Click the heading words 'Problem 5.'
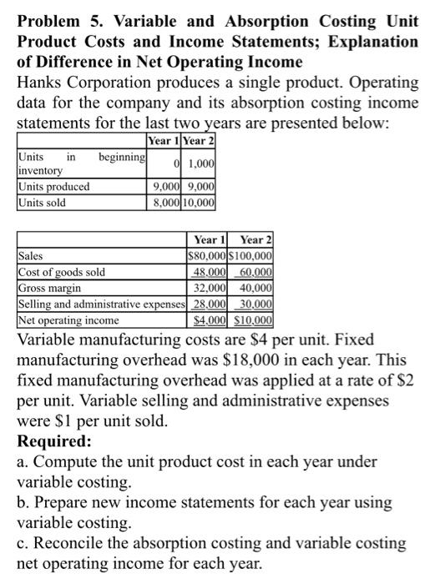pos(53,21)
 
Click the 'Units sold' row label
pos(43,201)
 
